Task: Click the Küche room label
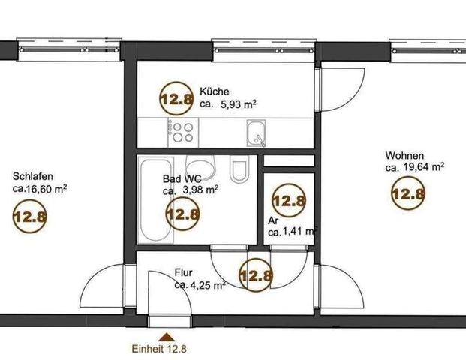pos(213,92)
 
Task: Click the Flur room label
pos(185,273)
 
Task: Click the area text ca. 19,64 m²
pos(414,167)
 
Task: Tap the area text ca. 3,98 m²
pos(191,190)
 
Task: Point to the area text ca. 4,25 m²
pos(200,285)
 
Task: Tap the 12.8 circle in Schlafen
pos(30,218)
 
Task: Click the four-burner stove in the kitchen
pos(181,132)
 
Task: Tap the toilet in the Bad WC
pos(239,171)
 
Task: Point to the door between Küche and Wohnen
pos(341,88)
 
